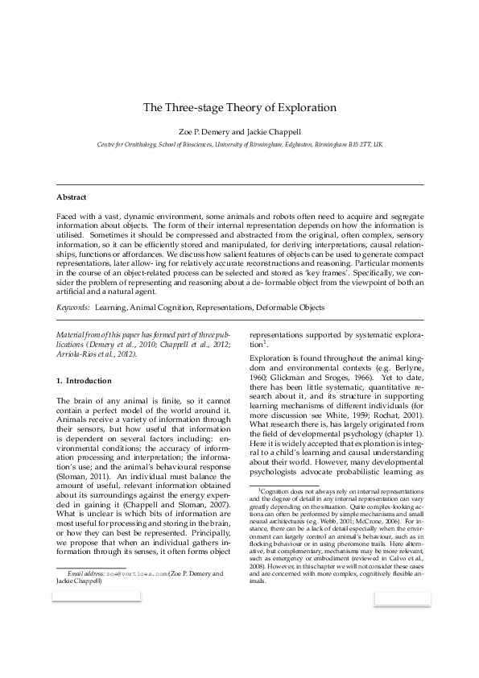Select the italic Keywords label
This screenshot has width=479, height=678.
[x=72, y=307]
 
